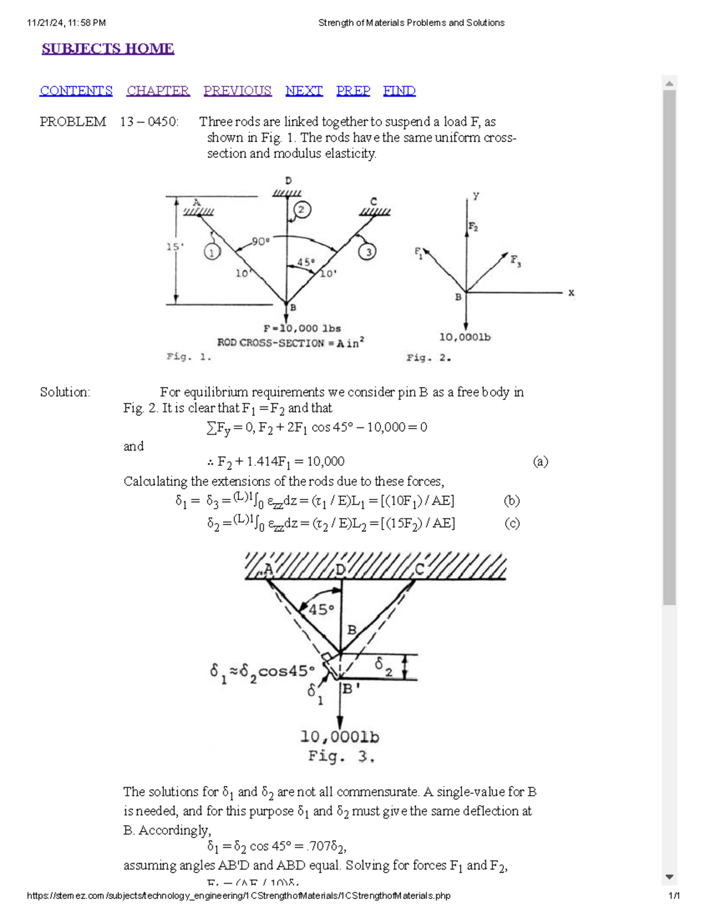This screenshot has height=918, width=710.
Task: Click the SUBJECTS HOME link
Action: (108, 48)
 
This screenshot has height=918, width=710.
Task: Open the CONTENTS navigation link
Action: (76, 90)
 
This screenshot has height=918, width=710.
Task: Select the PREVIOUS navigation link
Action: (237, 90)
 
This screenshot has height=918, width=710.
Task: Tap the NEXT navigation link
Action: (304, 90)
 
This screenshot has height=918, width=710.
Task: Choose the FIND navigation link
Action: (399, 90)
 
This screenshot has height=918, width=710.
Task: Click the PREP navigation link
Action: (353, 90)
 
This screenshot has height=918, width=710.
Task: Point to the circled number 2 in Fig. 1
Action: (302, 210)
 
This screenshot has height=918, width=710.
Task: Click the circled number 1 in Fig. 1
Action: (212, 252)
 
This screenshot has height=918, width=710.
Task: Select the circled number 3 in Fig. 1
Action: (367, 252)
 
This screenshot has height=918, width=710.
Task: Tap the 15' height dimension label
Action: (174, 246)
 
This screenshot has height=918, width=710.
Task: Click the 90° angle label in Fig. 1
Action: (260, 241)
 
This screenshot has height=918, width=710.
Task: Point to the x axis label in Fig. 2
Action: (571, 293)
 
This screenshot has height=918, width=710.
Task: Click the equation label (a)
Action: (540, 462)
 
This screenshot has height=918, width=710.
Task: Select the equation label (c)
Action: (512, 523)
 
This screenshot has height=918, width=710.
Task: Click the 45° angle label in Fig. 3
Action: (321, 609)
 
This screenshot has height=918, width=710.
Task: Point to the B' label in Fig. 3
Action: (351, 689)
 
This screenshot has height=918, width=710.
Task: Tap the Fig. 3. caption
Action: (341, 757)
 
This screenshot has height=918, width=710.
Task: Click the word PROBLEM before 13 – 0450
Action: (73, 122)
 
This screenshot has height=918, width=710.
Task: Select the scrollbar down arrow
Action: (669, 877)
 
